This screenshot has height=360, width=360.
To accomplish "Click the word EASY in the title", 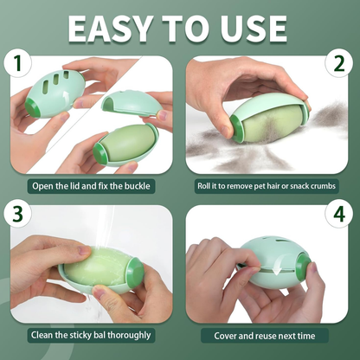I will pos(109,28).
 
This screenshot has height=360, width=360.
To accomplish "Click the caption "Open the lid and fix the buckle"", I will pos(90,185).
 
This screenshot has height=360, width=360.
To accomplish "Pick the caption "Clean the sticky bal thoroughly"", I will pos(90,334).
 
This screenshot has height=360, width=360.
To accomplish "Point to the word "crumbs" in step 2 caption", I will pos(318,185).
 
